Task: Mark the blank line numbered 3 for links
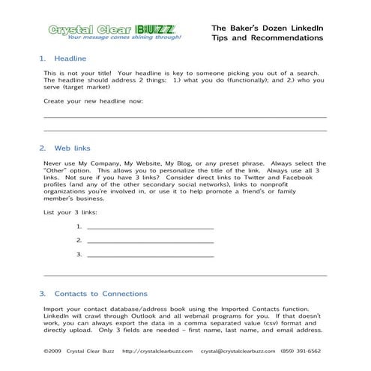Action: click(150, 255)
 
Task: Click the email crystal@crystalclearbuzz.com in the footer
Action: click(243, 350)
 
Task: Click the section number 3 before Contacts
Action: click(42, 293)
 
